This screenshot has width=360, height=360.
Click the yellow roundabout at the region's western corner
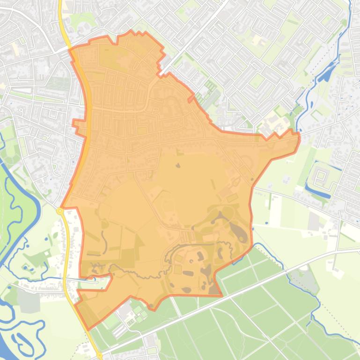(x=60, y=211)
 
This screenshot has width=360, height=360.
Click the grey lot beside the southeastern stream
(x=305, y=279)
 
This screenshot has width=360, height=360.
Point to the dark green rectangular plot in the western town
(x=59, y=84)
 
